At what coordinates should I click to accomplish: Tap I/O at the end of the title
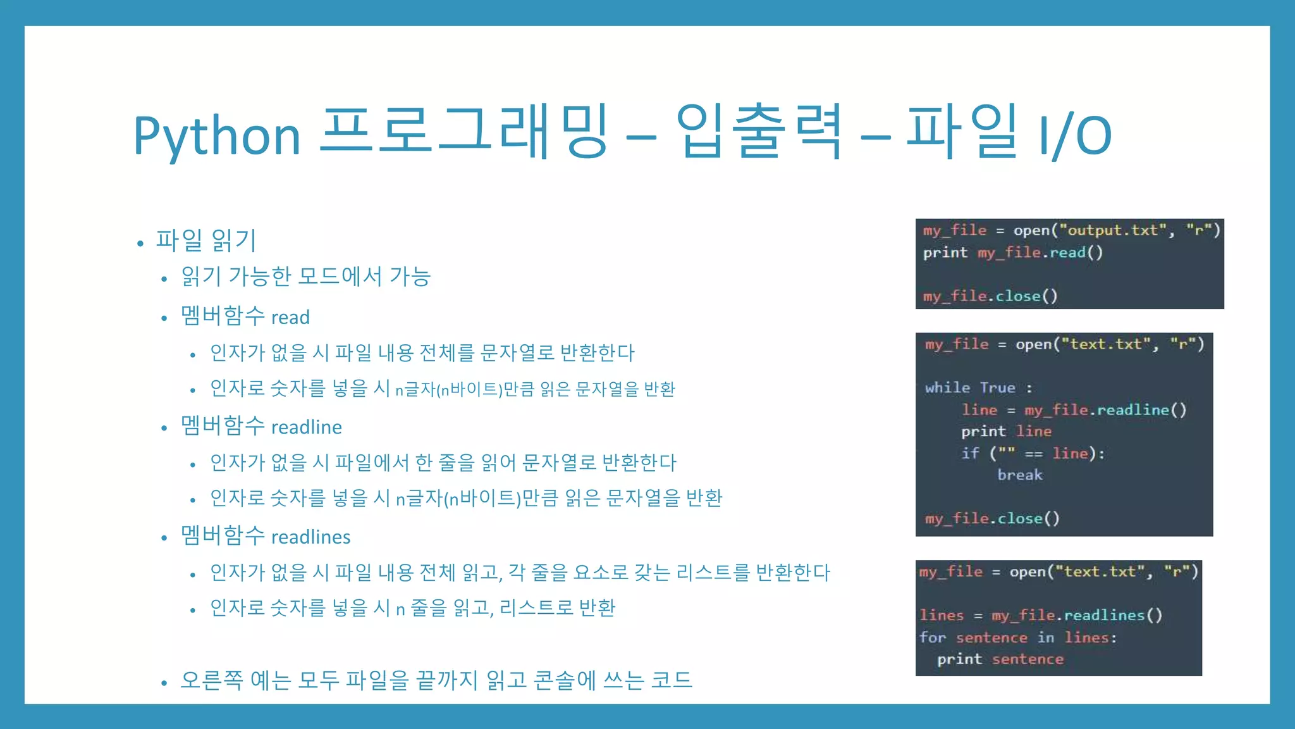coord(1074,135)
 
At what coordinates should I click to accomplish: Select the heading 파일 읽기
coord(206,240)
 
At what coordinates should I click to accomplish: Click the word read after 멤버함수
coord(290,317)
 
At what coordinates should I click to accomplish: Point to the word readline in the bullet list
coord(307,427)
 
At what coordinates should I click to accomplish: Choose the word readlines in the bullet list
coord(310,537)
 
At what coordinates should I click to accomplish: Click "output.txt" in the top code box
coord(1112,230)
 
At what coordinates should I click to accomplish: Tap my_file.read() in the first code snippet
coord(1040,252)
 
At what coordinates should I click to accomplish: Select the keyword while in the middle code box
coord(947,387)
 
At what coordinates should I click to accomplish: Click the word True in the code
coord(998,387)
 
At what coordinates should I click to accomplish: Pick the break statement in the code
coord(1020,475)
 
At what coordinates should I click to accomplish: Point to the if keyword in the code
coord(970,453)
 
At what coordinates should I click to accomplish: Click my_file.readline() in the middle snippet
coord(1105,410)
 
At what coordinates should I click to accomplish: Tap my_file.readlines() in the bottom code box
coord(1077,615)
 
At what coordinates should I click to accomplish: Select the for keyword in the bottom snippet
coord(933,637)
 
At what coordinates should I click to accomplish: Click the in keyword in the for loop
coord(1046,637)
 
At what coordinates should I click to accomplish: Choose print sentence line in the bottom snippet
coord(1000,659)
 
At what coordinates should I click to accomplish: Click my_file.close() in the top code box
coord(990,296)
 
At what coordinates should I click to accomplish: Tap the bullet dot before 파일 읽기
coord(140,243)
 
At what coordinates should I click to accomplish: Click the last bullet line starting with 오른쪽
coord(436,680)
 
